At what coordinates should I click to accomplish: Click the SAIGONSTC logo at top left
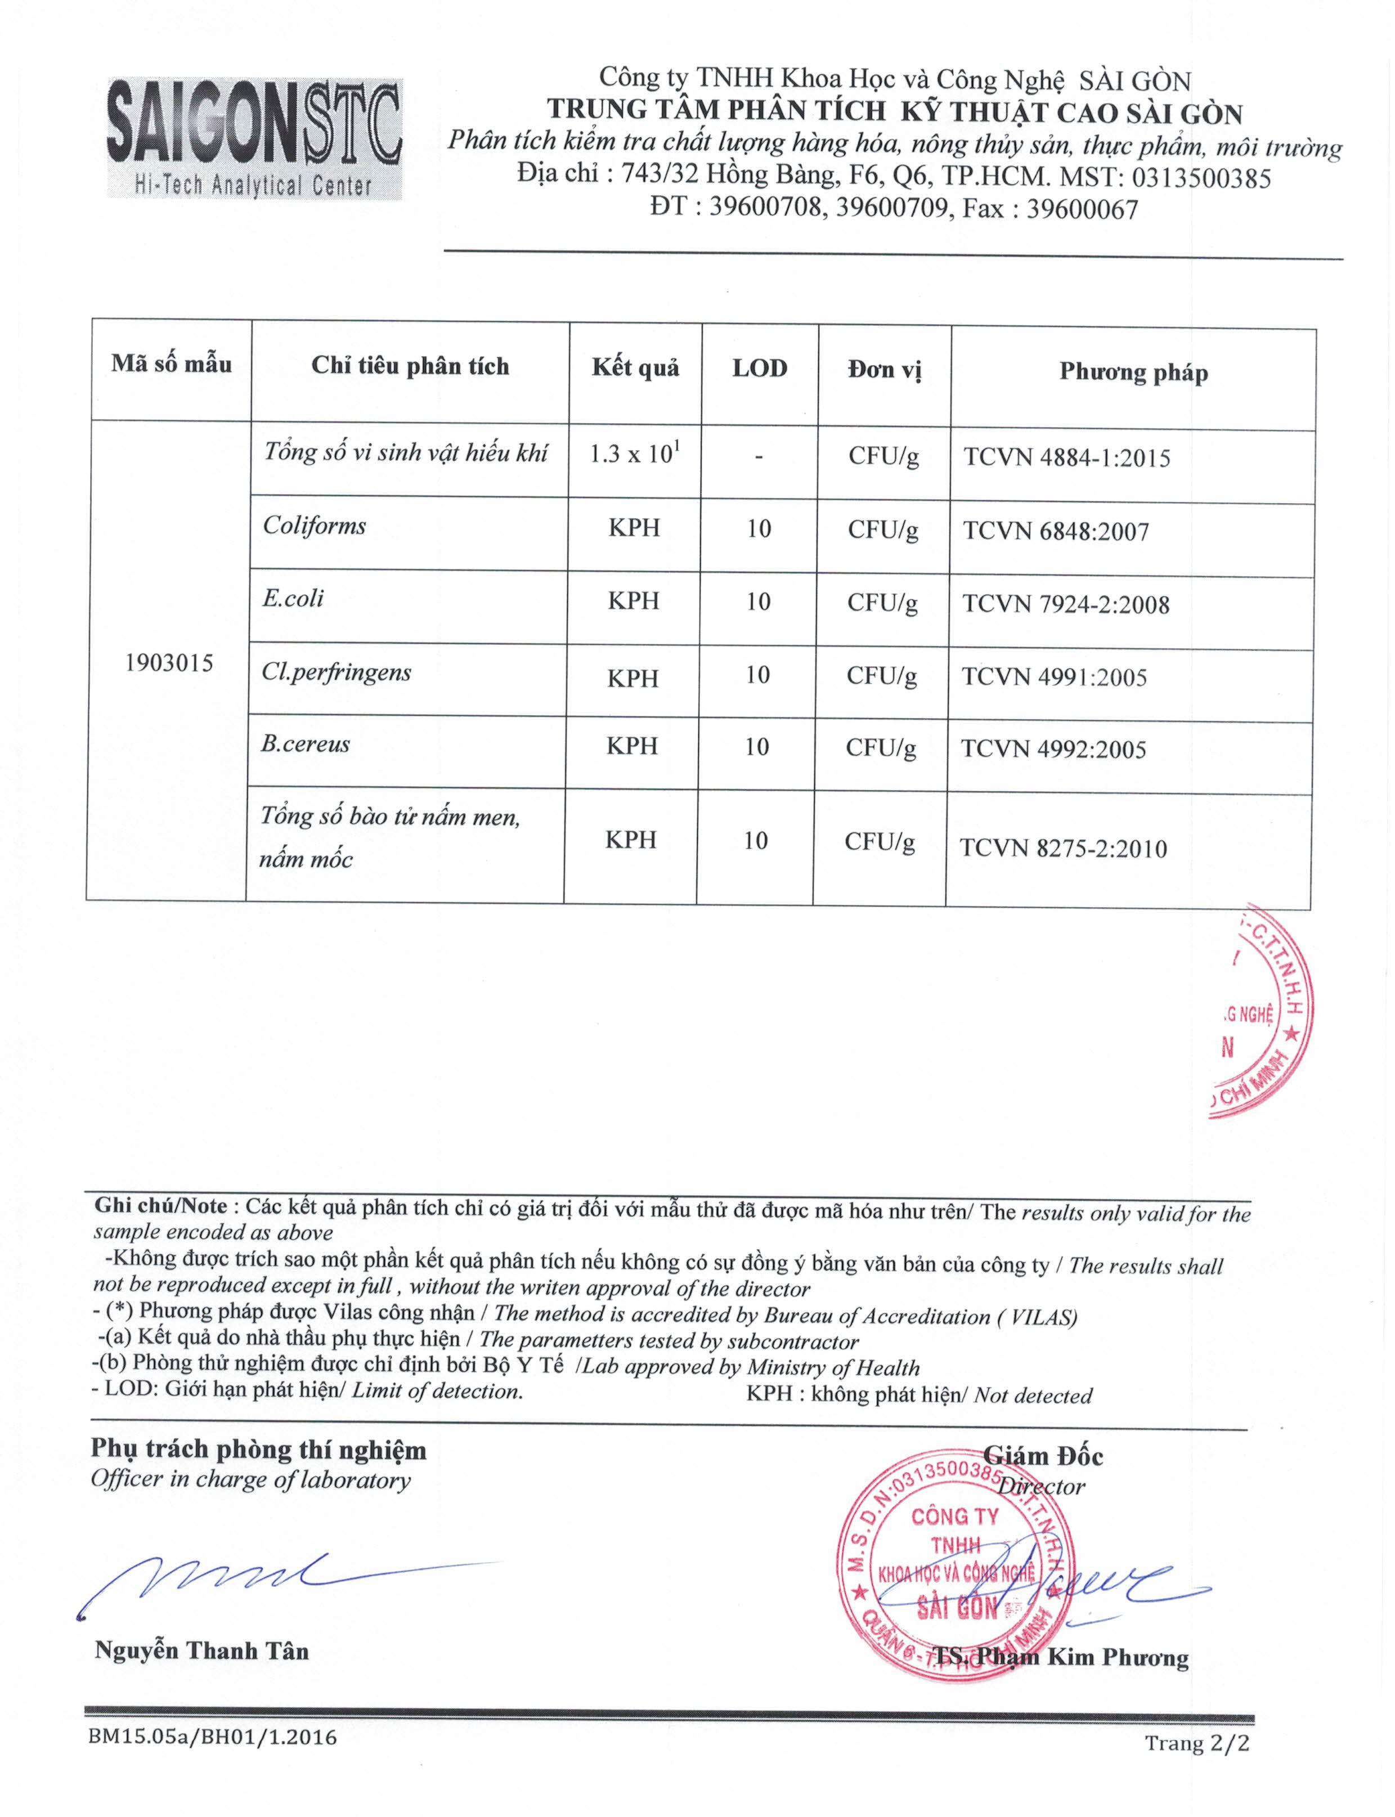[254, 138]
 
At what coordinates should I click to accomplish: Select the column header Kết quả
[635, 368]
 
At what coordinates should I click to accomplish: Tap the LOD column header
[759, 369]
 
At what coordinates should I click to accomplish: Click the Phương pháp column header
[1133, 372]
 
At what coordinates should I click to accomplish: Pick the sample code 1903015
[169, 663]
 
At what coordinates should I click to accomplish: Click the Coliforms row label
[315, 526]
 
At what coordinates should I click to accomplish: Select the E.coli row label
[293, 598]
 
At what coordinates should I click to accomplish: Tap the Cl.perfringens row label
[337, 672]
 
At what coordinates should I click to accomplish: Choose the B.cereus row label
[306, 743]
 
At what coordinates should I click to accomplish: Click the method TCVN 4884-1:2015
[1067, 457]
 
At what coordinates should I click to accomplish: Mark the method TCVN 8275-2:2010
[1064, 848]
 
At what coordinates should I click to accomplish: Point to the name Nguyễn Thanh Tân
[202, 1651]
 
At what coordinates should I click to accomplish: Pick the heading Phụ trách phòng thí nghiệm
[258, 1450]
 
